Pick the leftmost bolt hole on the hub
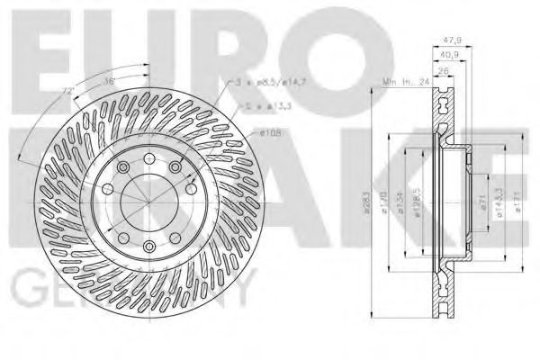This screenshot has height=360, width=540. click(105, 190)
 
